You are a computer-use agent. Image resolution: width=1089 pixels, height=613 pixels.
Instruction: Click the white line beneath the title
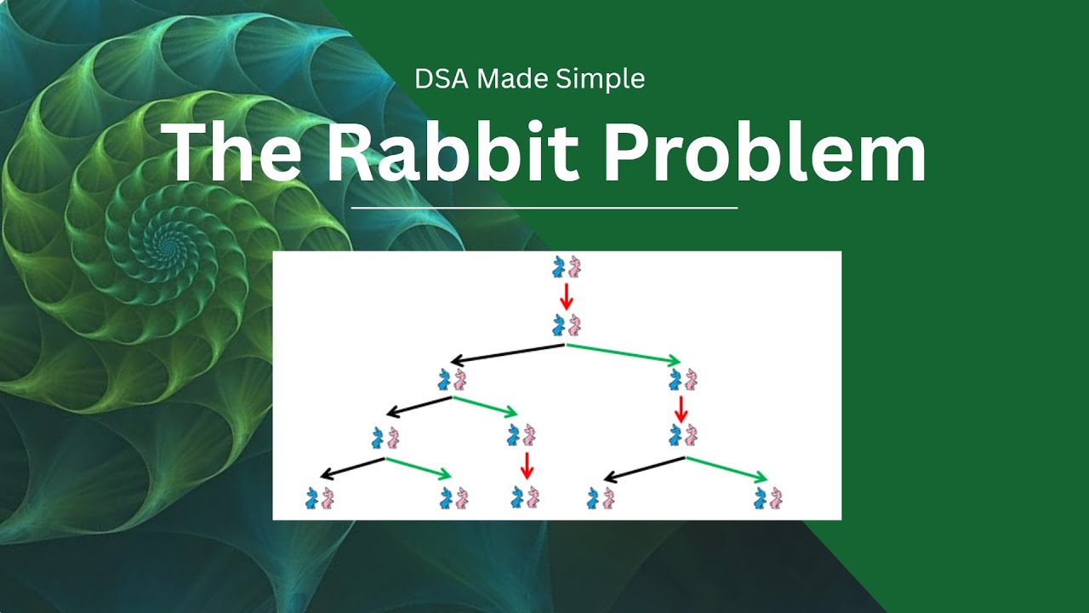tap(544, 207)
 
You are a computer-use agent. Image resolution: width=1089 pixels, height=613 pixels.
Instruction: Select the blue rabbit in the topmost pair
tap(559, 266)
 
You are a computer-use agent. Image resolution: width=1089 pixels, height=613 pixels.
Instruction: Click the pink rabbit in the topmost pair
tap(574, 266)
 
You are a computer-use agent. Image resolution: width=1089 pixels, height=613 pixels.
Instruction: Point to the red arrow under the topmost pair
tap(567, 296)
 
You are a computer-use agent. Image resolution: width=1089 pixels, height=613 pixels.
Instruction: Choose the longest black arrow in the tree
tap(508, 353)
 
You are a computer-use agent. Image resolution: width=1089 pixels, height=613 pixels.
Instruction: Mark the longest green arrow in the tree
tap(624, 353)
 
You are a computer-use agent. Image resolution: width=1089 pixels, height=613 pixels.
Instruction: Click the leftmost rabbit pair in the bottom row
tap(319, 497)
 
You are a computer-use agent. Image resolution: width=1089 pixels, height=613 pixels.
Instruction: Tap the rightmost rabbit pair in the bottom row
tap(767, 497)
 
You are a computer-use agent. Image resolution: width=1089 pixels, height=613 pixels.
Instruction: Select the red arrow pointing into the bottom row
tap(527, 466)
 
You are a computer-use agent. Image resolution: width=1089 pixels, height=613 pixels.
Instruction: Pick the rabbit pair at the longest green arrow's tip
tap(683, 380)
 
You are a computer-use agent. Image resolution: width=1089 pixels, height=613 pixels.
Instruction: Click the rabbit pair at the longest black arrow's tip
tap(453, 380)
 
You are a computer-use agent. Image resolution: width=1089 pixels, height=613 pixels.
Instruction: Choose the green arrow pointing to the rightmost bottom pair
tap(727, 469)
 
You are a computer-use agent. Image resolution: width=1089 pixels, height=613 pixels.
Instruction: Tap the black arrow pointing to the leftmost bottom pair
tap(352, 468)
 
